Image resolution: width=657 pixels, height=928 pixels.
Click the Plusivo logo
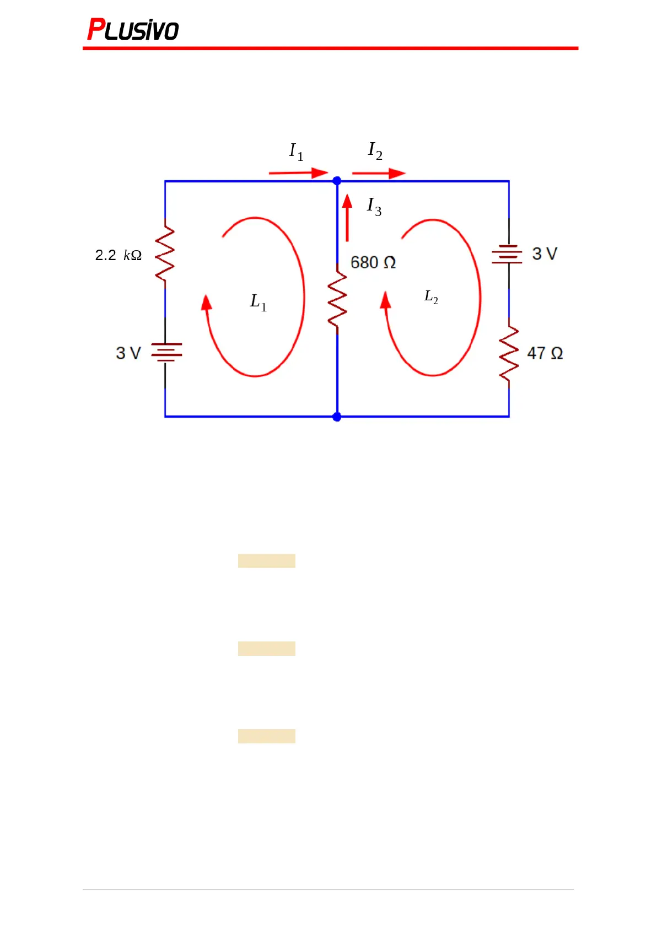click(133, 30)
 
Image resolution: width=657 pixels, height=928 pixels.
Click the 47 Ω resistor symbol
click(509, 354)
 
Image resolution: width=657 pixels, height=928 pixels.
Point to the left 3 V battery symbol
click(166, 353)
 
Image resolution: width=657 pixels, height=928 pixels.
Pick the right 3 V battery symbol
click(507, 254)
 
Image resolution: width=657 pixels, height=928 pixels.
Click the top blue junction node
click(337, 181)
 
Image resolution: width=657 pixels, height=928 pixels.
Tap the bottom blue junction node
click(337, 417)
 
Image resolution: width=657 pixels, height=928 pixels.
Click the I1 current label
click(296, 151)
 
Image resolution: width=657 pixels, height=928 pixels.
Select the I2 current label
click(375, 150)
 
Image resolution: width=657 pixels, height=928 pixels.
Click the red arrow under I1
click(298, 173)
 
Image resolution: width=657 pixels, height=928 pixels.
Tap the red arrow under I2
click(379, 174)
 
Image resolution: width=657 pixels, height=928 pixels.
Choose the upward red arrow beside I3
click(347, 218)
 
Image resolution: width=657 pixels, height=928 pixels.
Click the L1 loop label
click(258, 302)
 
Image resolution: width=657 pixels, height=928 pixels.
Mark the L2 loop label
click(431, 297)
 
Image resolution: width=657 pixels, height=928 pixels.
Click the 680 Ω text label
click(373, 262)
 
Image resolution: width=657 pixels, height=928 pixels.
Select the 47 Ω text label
click(545, 353)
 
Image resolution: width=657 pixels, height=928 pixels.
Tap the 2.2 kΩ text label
click(119, 255)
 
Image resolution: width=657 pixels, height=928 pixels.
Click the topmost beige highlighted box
click(267, 561)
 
